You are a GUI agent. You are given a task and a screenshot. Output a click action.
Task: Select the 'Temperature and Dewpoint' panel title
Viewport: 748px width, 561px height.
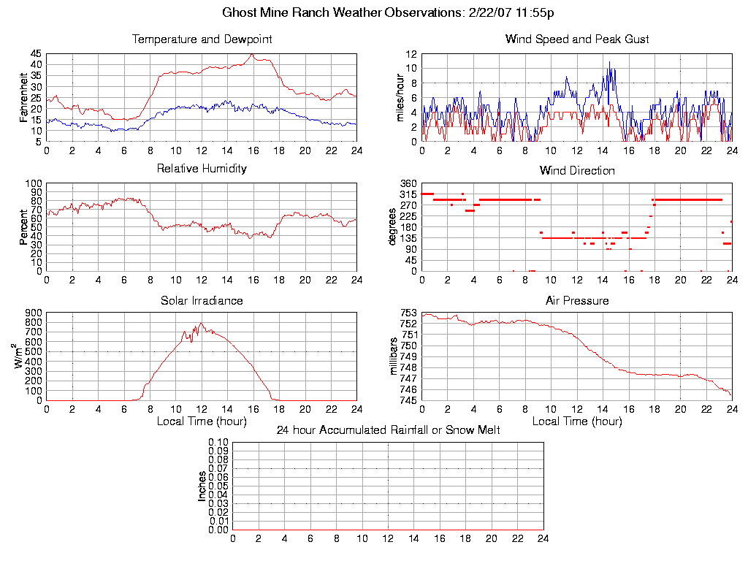point(202,39)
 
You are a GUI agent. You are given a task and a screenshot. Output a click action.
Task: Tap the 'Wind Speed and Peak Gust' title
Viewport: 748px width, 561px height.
point(577,39)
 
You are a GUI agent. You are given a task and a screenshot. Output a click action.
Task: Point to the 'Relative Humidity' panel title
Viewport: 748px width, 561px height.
point(202,169)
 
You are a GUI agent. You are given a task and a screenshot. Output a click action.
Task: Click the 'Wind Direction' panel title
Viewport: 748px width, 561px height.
point(577,171)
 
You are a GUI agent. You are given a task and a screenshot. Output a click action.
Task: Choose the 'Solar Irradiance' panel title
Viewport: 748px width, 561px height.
point(202,301)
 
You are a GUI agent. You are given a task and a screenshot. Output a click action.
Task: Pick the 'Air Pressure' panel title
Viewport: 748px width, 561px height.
point(577,301)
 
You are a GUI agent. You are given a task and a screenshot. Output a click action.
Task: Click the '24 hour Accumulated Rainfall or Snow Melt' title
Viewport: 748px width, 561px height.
point(388,430)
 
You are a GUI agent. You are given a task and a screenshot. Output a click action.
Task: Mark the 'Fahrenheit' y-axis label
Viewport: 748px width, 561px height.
point(23,97)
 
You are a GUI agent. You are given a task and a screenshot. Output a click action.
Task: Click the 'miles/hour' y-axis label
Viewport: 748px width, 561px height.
point(400,97)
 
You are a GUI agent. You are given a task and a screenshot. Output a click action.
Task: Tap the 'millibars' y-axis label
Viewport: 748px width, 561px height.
point(394,356)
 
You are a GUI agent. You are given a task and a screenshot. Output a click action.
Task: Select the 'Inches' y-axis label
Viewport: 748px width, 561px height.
point(202,486)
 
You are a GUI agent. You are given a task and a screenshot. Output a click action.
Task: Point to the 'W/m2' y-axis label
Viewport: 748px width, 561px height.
point(20,356)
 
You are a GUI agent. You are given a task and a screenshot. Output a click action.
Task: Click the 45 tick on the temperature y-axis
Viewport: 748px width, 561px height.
point(36,54)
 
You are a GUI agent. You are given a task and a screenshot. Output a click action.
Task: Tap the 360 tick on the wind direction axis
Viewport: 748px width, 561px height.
point(408,183)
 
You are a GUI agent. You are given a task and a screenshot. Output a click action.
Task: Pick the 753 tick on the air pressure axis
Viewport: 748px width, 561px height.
point(408,313)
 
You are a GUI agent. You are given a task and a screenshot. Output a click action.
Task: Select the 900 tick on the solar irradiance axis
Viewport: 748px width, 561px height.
point(33,313)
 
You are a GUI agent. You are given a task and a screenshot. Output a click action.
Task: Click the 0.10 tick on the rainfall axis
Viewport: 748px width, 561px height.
point(218,442)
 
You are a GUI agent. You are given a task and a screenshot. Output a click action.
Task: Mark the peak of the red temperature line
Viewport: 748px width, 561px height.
point(252,55)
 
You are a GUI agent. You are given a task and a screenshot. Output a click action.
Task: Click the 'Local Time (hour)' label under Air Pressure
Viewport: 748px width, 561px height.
point(577,421)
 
